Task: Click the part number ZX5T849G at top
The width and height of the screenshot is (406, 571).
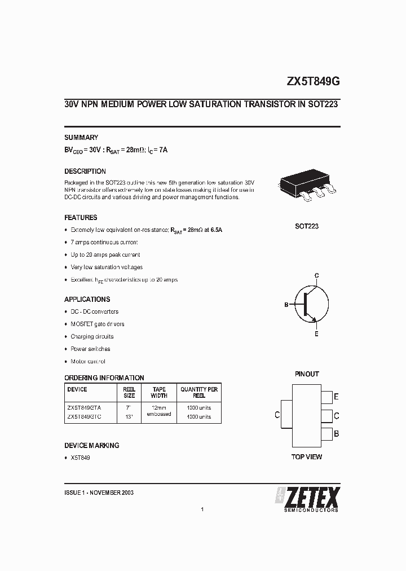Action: coord(313,81)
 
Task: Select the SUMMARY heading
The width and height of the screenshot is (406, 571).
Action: coord(81,138)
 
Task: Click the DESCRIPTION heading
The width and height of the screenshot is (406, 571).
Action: coord(85,172)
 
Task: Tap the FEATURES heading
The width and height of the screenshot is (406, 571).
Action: coord(81,218)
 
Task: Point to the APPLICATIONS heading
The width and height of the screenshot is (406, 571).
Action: coord(87,300)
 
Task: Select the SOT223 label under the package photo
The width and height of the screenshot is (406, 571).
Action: coord(307,226)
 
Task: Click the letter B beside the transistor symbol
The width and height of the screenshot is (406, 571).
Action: coord(286,305)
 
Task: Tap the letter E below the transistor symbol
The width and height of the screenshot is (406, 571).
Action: coord(316,334)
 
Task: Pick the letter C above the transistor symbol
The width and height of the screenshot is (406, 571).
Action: coord(317,275)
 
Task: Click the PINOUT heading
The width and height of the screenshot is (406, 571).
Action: coord(307,374)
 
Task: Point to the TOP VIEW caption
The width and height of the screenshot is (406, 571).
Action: coord(307,456)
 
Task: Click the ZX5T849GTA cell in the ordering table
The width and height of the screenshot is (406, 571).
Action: coord(84,406)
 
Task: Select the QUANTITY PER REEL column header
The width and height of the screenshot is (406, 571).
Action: coord(199,393)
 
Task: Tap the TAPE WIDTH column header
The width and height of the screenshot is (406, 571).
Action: coord(159,393)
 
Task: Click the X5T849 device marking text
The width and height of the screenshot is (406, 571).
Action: coord(80,458)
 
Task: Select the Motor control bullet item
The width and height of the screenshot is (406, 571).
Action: coord(88,362)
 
